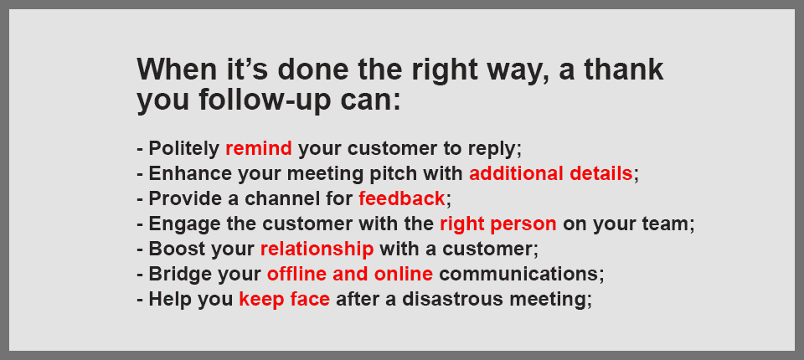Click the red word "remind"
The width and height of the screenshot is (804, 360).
point(259,149)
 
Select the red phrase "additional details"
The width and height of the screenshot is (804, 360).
point(551,174)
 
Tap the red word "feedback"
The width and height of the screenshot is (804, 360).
point(401,199)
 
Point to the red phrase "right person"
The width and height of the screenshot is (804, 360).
point(497,224)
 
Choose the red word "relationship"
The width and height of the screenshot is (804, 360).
point(317,249)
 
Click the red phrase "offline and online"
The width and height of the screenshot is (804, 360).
point(350,274)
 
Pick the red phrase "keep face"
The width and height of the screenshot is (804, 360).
point(284,300)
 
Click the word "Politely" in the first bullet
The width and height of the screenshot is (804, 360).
point(183,149)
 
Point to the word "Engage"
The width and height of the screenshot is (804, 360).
point(177,224)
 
